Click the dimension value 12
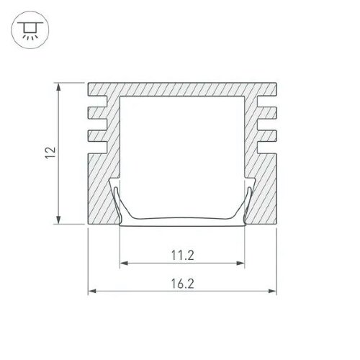point(51,153)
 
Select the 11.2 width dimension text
point(182,255)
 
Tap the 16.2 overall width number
point(182,284)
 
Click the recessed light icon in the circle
point(30,30)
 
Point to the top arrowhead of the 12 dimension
point(58,87)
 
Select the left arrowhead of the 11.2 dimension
point(124,264)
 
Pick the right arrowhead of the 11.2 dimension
point(240,264)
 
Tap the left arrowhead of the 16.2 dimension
point(92,291)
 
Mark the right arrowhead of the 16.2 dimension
point(272,291)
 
